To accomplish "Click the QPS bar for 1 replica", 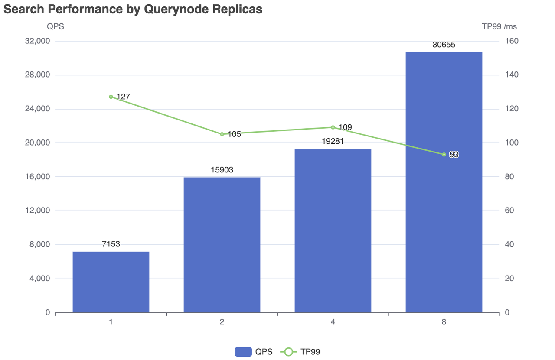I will [111, 282].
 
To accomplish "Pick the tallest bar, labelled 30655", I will [444, 182].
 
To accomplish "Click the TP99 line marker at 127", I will [111, 97].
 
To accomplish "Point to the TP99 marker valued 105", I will [222, 134].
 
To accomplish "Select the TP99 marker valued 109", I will [333, 127].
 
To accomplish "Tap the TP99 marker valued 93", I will [444, 155].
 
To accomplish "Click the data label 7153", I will [111, 244].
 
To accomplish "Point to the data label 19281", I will [333, 141].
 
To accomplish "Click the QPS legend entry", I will [254, 352].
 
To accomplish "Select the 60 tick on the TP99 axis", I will [510, 211].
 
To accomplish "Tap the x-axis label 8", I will [444, 322].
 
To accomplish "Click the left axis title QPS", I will [55, 26].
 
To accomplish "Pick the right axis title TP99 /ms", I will [499, 26].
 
